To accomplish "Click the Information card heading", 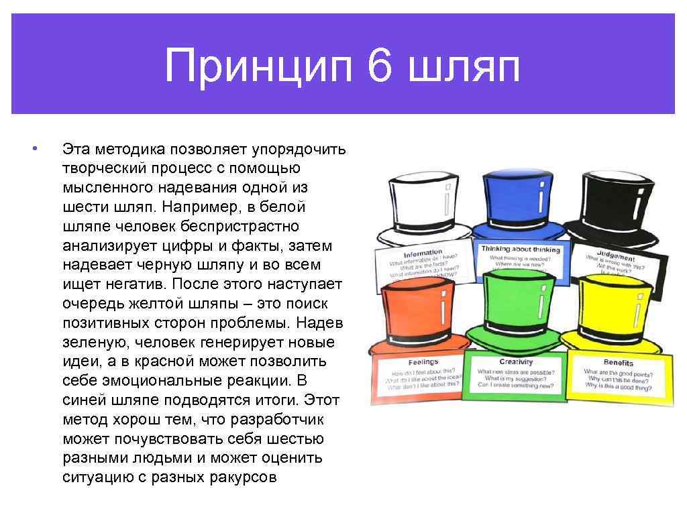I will [423, 254].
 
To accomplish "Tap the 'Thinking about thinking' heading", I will [520, 249].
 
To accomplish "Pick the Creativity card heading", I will [516, 362].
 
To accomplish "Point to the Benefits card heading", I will [618, 363].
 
